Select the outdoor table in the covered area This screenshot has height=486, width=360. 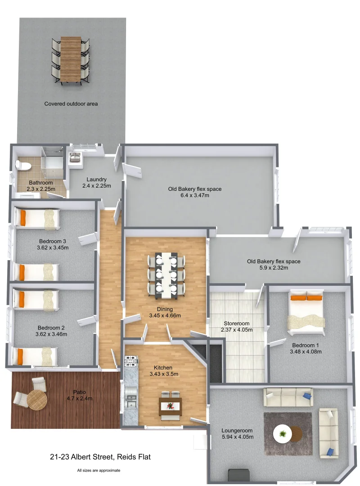pyautogui.click(x=71, y=59)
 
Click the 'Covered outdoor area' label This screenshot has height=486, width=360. pyautogui.click(x=71, y=103)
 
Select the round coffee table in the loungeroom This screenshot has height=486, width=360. pyautogui.click(x=283, y=434)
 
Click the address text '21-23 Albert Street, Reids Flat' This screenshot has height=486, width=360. pyautogui.click(x=100, y=457)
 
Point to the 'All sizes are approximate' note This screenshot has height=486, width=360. pyautogui.click(x=99, y=470)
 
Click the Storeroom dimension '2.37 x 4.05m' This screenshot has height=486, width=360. pyautogui.click(x=237, y=330)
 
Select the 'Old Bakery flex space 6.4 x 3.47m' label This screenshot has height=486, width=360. pyautogui.click(x=195, y=192)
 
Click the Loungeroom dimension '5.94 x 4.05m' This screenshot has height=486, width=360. pyautogui.click(x=238, y=436)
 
